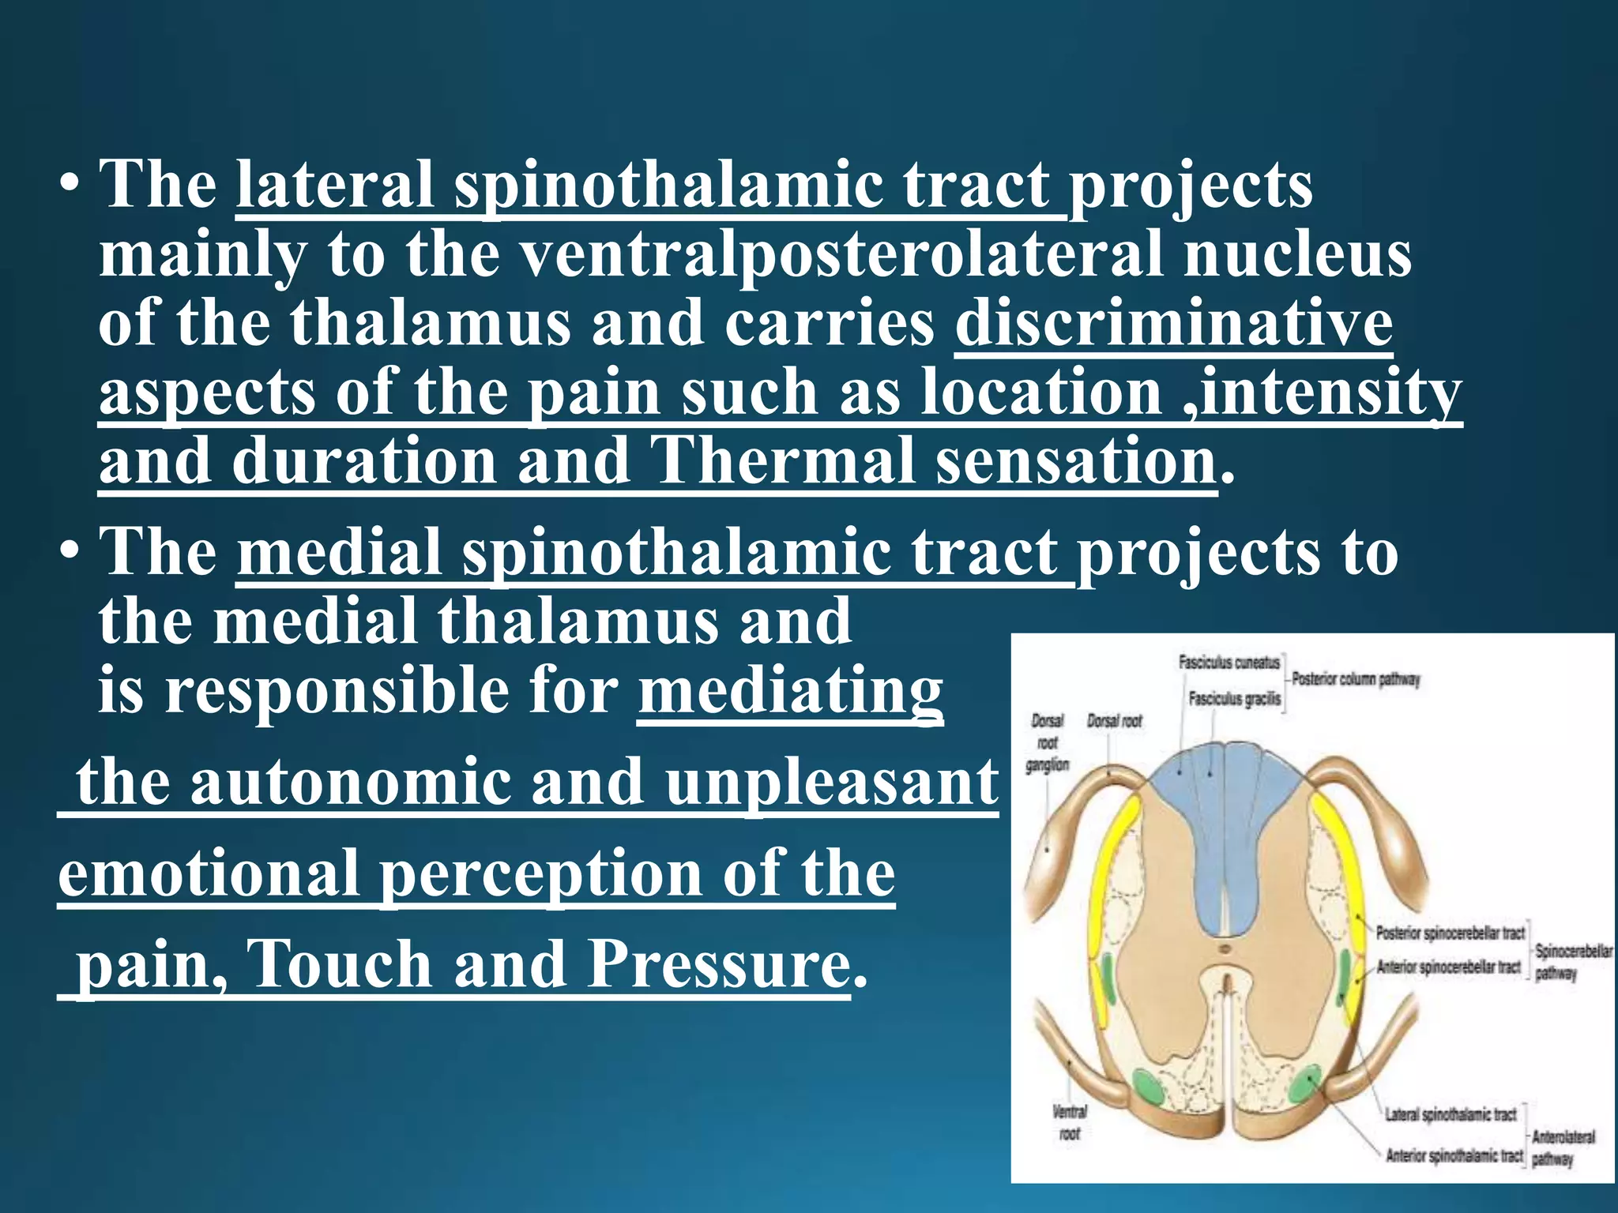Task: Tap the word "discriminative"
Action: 1173,324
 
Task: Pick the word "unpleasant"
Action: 831,782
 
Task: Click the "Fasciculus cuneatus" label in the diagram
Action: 1229,663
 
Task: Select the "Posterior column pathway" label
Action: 1355,679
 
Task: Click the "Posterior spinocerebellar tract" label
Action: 1450,933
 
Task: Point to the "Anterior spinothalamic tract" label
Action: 1454,1155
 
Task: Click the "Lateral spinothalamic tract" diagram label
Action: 1451,1114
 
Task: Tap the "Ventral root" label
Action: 1070,1122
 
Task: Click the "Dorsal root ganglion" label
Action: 1048,742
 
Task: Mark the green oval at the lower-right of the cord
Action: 1304,1087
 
